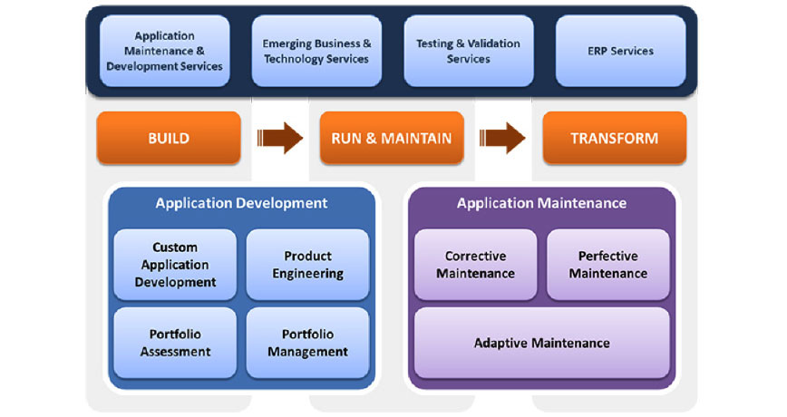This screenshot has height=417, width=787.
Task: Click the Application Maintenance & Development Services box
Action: [x=165, y=51]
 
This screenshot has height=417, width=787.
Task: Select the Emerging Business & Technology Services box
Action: [x=316, y=51]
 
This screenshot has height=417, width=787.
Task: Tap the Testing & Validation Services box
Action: [x=468, y=51]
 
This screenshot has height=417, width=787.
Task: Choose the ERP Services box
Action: [x=620, y=51]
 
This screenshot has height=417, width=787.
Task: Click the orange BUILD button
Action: [x=169, y=138]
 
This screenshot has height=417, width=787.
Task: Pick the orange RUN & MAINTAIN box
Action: [x=392, y=138]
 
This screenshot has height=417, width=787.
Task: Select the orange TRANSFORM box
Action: [x=615, y=138]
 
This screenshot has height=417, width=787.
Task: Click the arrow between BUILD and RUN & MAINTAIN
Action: [x=280, y=138]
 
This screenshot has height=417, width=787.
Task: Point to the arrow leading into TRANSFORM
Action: [x=502, y=138]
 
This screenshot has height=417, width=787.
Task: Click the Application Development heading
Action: [x=241, y=203]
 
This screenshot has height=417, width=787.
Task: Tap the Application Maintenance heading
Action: [x=541, y=203]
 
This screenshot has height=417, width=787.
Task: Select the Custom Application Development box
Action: [x=175, y=265]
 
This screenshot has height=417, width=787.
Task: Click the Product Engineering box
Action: [x=307, y=265]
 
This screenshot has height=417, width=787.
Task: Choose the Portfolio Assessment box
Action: [x=175, y=343]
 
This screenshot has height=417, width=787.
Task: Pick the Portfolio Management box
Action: [x=307, y=343]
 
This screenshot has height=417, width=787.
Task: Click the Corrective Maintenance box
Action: [x=475, y=265]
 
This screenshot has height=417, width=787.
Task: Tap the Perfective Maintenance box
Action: [x=607, y=265]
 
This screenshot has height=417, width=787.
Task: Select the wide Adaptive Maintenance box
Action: [x=542, y=343]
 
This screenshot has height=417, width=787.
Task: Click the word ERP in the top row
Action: [x=598, y=51]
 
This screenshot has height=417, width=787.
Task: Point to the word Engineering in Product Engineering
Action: [x=307, y=274]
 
